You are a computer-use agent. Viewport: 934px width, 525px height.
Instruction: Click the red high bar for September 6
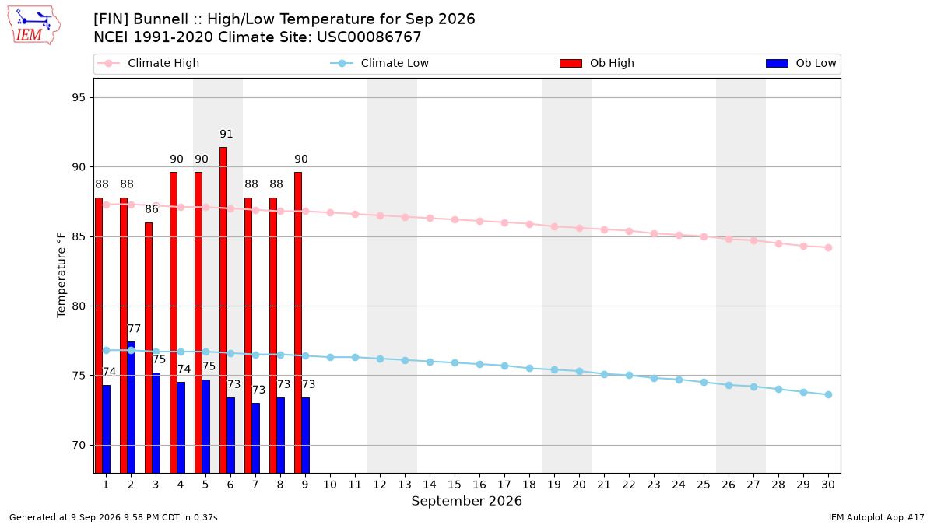[x=223, y=310]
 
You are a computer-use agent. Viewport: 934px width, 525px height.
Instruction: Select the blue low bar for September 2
[x=132, y=408]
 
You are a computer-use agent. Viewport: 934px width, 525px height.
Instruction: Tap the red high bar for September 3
[x=149, y=348]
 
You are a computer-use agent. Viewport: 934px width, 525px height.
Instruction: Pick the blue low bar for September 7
[x=256, y=438]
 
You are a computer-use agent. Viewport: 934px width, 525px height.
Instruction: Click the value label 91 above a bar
[x=226, y=134]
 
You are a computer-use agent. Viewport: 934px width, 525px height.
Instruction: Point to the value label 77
[x=134, y=329]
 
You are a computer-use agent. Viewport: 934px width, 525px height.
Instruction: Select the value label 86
[x=152, y=209]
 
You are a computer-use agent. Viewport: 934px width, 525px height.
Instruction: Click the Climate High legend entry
[x=149, y=63]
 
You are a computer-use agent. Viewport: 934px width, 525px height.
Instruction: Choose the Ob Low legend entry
[x=801, y=63]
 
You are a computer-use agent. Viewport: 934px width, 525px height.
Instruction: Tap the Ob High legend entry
[x=597, y=63]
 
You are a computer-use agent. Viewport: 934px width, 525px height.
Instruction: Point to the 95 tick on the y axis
[x=79, y=97]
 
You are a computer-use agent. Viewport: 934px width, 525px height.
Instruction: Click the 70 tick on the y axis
[x=79, y=446]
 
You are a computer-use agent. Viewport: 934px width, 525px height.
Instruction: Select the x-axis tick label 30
[x=828, y=485]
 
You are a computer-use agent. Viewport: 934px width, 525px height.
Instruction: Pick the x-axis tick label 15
[x=455, y=485]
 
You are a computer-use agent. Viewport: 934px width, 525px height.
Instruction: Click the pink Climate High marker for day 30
[x=828, y=248]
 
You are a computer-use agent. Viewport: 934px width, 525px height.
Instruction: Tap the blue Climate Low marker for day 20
[x=579, y=371]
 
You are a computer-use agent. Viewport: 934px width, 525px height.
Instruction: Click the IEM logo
[x=34, y=26]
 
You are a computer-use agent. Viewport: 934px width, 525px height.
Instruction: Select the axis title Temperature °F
[x=61, y=275]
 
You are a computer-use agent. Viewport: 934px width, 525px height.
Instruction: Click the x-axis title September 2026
[x=466, y=501]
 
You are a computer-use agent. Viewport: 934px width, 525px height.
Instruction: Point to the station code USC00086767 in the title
[x=369, y=37]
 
